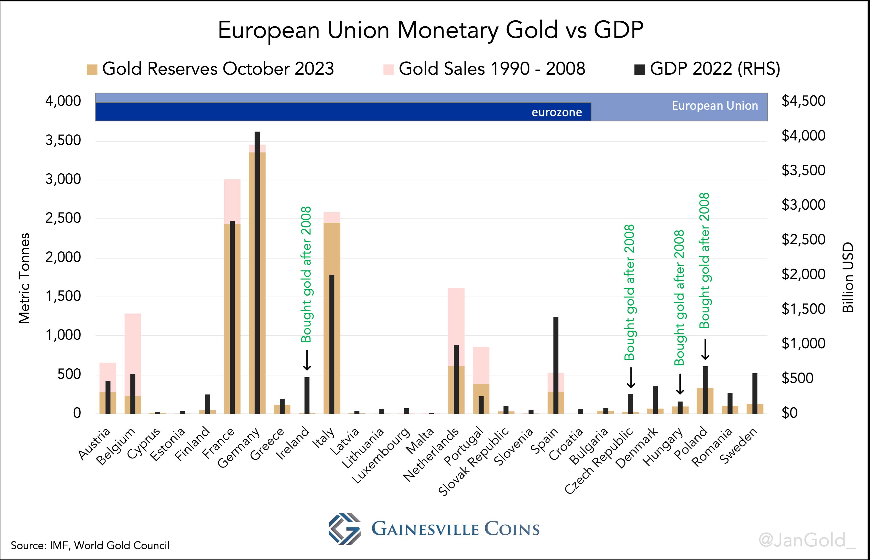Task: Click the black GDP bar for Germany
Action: (x=257, y=273)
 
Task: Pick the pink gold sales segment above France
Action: (x=232, y=200)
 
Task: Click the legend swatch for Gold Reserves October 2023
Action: (x=92, y=69)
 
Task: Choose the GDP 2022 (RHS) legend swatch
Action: (x=639, y=69)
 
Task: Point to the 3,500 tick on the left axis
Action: (x=63, y=140)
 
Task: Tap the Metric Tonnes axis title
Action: (x=24, y=278)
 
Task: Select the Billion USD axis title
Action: (x=848, y=278)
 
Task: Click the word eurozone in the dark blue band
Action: (x=556, y=112)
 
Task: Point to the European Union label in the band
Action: (x=715, y=106)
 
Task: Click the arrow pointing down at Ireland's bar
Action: (x=307, y=360)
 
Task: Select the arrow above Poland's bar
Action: (x=705, y=349)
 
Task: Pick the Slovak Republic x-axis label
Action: (x=474, y=462)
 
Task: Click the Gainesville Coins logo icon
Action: (x=344, y=528)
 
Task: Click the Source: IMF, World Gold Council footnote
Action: (x=90, y=545)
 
